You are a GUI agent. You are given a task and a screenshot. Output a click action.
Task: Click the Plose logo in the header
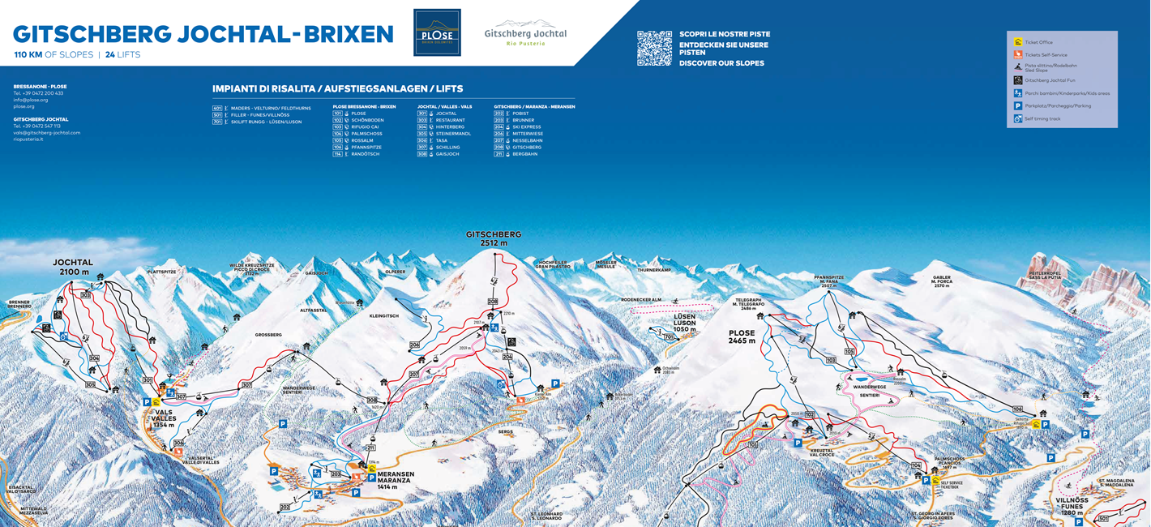click(437, 32)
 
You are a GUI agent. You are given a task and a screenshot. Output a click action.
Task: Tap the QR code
click(654, 48)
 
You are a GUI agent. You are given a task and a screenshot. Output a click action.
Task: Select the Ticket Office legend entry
click(1038, 42)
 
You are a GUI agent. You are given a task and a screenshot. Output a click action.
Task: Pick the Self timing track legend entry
click(1041, 118)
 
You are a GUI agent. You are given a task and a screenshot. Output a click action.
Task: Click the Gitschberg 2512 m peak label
click(493, 238)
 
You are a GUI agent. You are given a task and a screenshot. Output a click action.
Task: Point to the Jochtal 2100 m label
click(73, 267)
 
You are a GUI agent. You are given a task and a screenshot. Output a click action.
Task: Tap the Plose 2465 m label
click(742, 336)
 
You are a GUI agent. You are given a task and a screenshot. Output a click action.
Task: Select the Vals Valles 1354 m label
click(163, 418)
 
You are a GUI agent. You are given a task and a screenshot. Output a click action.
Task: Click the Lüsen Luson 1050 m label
click(684, 323)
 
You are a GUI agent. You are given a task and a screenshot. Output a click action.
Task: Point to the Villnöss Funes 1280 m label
click(1072, 506)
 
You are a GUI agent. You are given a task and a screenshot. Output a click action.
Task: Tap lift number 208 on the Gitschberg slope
click(492, 302)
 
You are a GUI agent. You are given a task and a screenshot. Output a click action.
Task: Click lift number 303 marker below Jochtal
click(85, 295)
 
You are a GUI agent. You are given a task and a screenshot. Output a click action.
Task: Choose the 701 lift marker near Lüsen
click(669, 336)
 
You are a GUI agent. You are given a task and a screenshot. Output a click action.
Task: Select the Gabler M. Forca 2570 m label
click(941, 281)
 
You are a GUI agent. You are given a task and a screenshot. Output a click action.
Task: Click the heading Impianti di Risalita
click(337, 88)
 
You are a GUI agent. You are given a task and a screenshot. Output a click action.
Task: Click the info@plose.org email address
click(30, 100)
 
